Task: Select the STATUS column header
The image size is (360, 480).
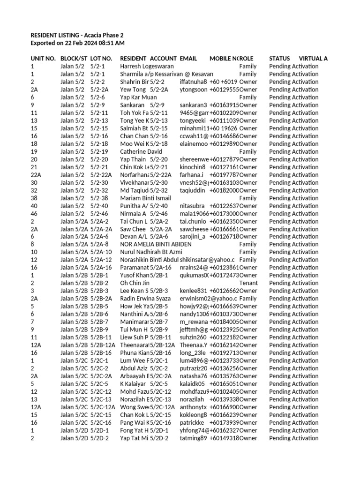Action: (x=279, y=59)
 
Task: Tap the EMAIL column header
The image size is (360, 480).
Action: (x=188, y=59)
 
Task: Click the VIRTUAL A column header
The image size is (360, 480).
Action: (x=313, y=59)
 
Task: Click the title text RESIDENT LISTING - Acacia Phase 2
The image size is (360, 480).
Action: (x=77, y=35)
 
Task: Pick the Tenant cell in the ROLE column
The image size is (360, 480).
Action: (x=248, y=283)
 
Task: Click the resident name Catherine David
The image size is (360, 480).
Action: (x=141, y=151)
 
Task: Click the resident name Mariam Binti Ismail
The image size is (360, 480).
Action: (x=146, y=198)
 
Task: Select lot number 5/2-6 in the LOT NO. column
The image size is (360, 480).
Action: (x=97, y=97)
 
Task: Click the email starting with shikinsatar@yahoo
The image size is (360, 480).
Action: (x=208, y=260)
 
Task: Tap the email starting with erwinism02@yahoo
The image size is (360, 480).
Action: (x=208, y=299)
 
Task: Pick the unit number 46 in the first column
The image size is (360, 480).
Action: (x=34, y=213)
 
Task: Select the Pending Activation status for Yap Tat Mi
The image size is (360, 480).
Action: (x=293, y=438)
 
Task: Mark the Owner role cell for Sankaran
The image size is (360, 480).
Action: (x=248, y=105)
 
